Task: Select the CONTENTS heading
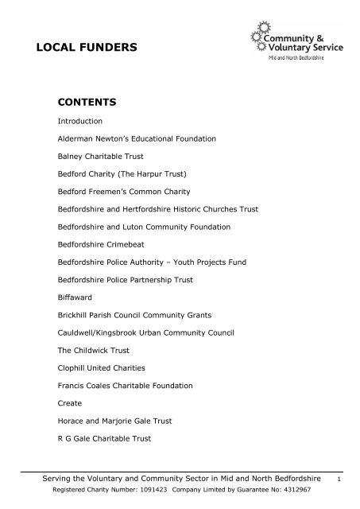point(88,103)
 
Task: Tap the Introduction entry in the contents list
point(80,122)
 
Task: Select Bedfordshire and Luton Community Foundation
point(144,227)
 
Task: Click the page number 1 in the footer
point(340,480)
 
